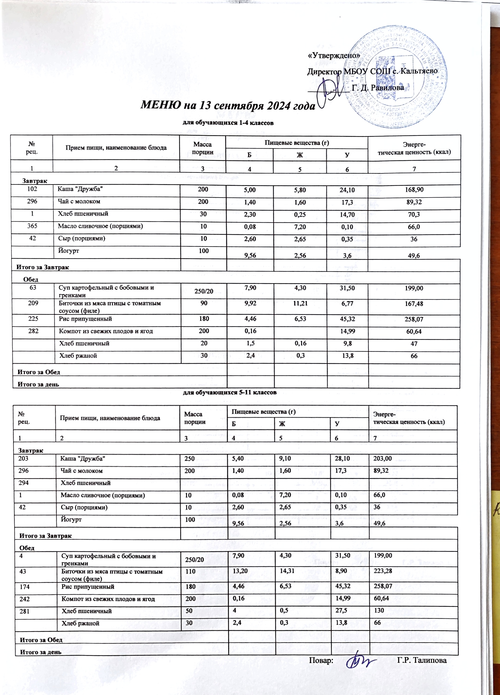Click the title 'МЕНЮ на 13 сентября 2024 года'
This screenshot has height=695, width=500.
228,106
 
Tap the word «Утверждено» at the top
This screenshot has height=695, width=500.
334,56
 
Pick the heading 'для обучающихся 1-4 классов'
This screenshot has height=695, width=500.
228,123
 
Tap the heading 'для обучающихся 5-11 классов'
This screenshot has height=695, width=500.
230,392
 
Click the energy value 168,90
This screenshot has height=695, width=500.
414,190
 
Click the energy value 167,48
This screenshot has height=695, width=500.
414,304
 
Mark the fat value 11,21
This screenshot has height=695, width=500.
300,303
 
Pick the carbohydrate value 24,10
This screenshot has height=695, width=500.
347,190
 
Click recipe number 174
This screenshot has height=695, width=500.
24,587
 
